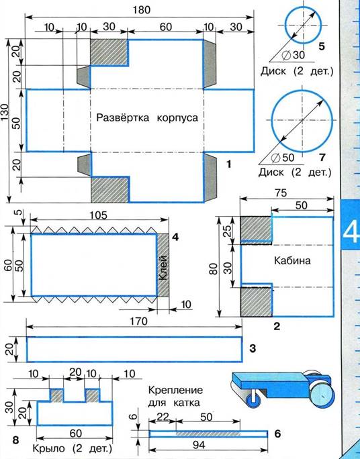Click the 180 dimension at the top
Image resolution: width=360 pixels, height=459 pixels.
pyautogui.click(x=142, y=10)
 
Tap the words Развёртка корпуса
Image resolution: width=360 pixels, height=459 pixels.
pyautogui.click(x=147, y=117)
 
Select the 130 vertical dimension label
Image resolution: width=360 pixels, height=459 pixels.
pyautogui.click(x=5, y=113)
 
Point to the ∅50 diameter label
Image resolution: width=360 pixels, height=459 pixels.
pyautogui.click(x=283, y=158)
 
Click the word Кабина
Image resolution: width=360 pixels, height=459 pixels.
pyautogui.click(x=292, y=260)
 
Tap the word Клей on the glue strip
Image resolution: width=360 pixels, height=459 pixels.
pyautogui.click(x=163, y=268)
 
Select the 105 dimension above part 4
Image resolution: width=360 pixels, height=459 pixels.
pyautogui.click(x=98, y=215)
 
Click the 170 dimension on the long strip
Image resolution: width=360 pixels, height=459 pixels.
pyautogui.click(x=138, y=321)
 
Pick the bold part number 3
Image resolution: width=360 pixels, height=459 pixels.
pyautogui.click(x=253, y=348)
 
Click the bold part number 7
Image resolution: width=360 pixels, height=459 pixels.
pyautogui.click(x=322, y=158)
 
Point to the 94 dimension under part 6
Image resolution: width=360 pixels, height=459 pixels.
pyautogui.click(x=199, y=445)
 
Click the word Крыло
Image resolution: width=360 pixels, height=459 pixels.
pyautogui.click(x=48, y=448)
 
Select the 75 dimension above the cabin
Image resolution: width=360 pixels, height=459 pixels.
pyautogui.click(x=281, y=193)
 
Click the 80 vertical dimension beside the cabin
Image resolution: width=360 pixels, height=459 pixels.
pyautogui.click(x=214, y=268)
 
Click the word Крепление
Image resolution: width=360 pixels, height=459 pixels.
pyautogui.click(x=175, y=390)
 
